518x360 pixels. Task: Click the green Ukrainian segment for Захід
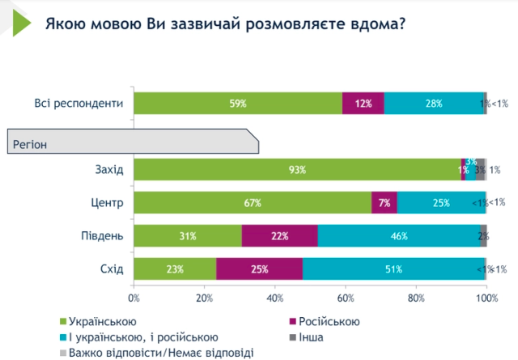(297, 170)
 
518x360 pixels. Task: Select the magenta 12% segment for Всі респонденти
(363, 104)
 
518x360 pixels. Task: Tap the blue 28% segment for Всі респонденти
(433, 104)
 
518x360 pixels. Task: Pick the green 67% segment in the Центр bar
(253, 203)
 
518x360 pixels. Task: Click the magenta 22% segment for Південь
(280, 236)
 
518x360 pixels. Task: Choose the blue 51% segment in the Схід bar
(393, 269)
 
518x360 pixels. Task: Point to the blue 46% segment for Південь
(398, 236)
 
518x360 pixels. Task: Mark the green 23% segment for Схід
(175, 269)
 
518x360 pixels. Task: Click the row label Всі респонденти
(79, 104)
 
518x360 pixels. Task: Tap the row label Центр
(106, 203)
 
